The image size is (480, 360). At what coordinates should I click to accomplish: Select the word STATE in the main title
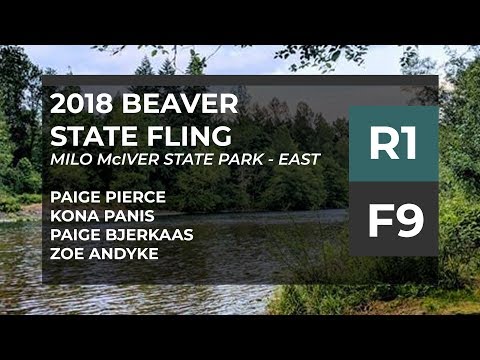[x=93, y=136]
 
